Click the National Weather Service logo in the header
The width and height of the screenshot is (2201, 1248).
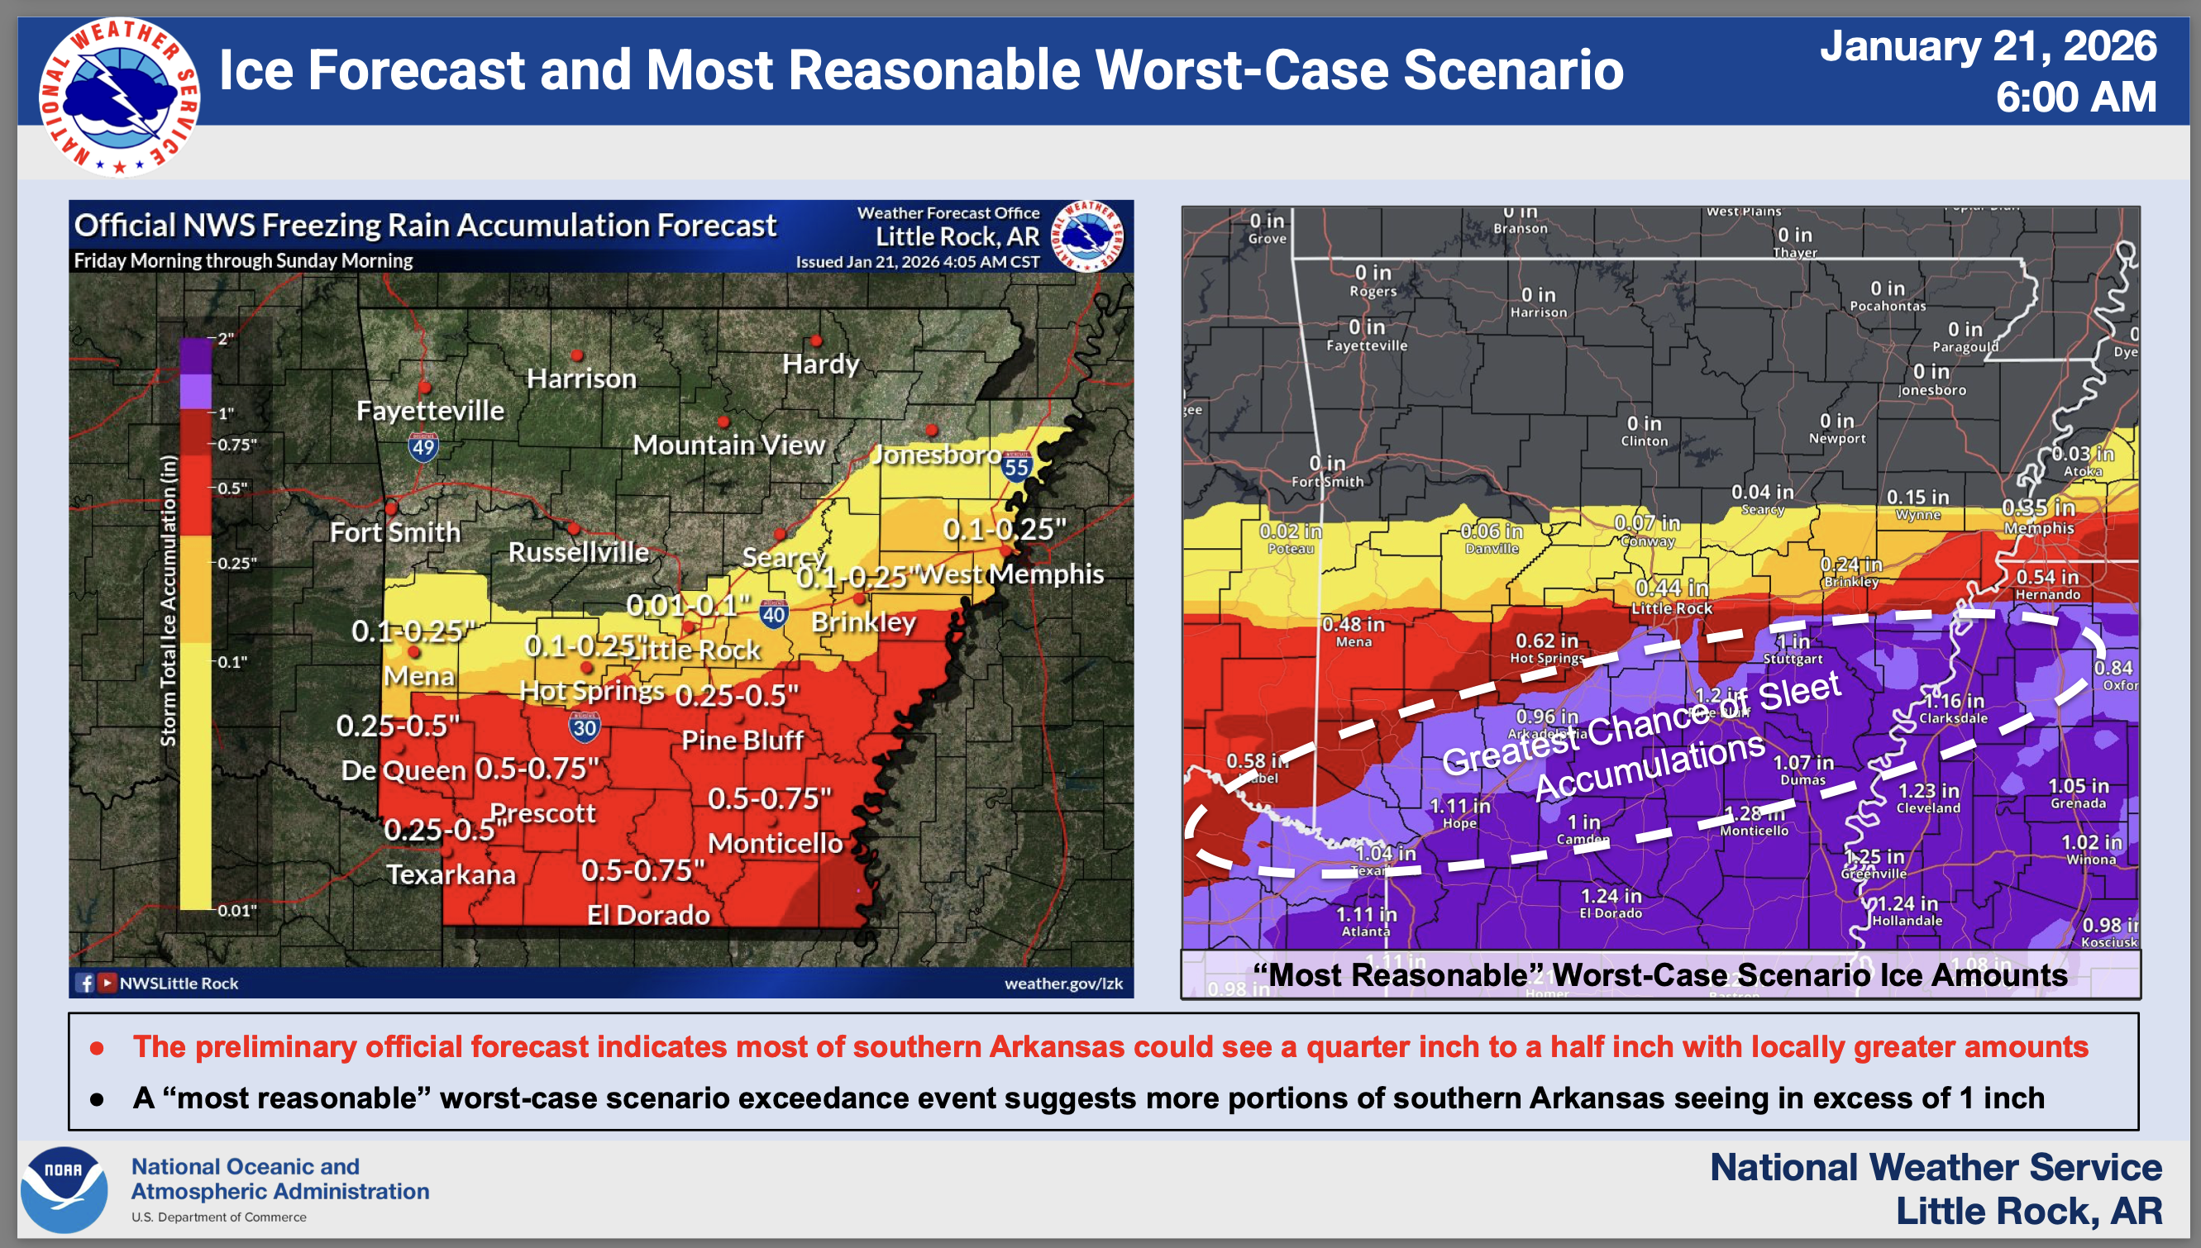[119, 96]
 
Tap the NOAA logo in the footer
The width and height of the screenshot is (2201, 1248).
[64, 1189]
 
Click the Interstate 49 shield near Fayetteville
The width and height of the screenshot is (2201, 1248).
[423, 446]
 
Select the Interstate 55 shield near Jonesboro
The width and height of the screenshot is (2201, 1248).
[1016, 467]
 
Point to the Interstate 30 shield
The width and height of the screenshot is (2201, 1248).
[584, 727]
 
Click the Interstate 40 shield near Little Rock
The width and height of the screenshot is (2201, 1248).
[773, 614]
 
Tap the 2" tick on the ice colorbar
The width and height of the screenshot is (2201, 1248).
[225, 339]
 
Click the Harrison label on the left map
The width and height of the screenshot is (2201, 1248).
[581, 378]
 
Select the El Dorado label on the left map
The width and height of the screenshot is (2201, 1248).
[648, 915]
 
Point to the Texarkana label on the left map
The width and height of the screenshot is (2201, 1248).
[451, 874]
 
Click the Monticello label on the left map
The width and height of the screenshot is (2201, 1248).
[775, 843]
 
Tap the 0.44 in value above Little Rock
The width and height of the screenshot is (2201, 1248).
[1671, 588]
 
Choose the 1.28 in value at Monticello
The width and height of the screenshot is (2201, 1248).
[1755, 812]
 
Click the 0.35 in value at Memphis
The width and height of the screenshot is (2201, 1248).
[2038, 508]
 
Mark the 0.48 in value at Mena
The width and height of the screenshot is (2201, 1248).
[1353, 624]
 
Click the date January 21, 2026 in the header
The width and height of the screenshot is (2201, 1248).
[1988, 46]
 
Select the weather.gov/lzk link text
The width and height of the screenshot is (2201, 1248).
[1063, 984]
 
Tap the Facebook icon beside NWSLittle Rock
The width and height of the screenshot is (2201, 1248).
[85, 984]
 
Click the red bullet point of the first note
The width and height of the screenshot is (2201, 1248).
[98, 1047]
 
